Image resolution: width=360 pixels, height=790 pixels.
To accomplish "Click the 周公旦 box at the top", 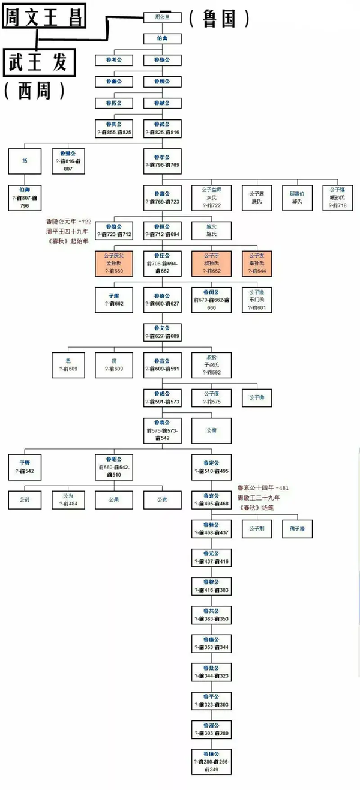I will pos(162,17).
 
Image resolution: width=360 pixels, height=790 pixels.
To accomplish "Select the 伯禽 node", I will pos(162,38).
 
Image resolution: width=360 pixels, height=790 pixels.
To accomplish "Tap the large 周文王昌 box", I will pos(43,16).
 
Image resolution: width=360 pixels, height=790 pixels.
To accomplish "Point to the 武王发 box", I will pos(40,62).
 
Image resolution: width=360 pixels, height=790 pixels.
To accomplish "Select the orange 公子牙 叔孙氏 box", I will pos(211,262).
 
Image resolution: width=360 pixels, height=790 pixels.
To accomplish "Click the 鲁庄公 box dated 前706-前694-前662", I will pos(162,262).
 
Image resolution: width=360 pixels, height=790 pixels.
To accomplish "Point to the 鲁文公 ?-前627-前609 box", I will pos(162,332).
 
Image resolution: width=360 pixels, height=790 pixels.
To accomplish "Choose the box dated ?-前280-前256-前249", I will pos(211,760).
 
